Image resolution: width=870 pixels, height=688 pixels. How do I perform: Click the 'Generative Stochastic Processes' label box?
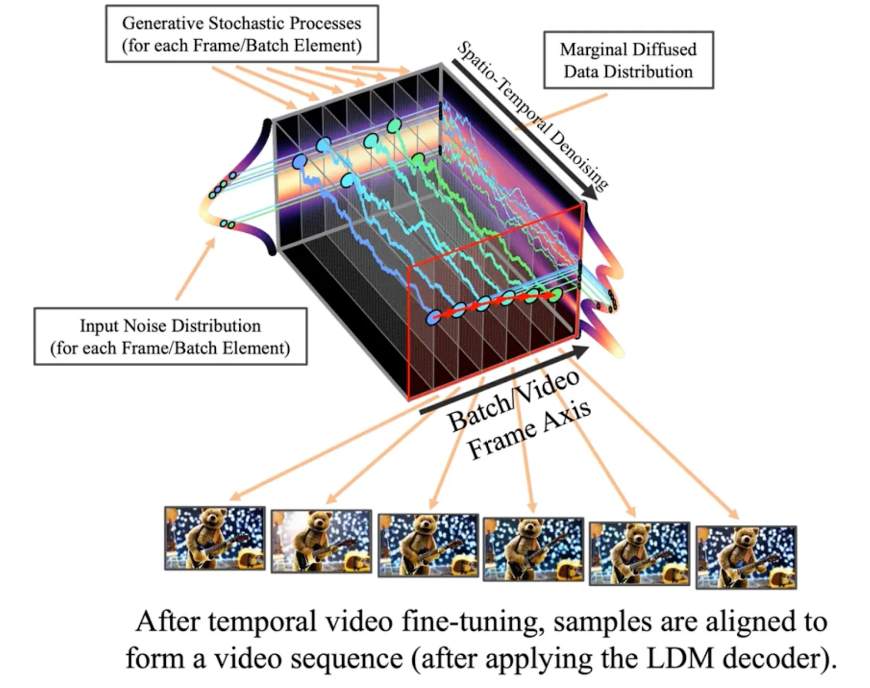click(x=241, y=34)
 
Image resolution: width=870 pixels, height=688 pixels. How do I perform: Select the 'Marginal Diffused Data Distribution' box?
click(x=628, y=60)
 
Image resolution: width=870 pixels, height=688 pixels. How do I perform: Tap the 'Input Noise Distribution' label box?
click(x=170, y=336)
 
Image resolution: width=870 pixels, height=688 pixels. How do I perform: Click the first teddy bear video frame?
click(x=215, y=538)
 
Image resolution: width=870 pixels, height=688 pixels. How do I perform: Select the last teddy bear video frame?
click(x=746, y=557)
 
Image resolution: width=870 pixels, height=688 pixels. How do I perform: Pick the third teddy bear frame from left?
click(x=428, y=545)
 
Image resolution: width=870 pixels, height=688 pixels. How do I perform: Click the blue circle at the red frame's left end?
click(x=433, y=318)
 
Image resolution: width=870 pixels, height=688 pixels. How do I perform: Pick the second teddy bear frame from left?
click(x=321, y=541)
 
